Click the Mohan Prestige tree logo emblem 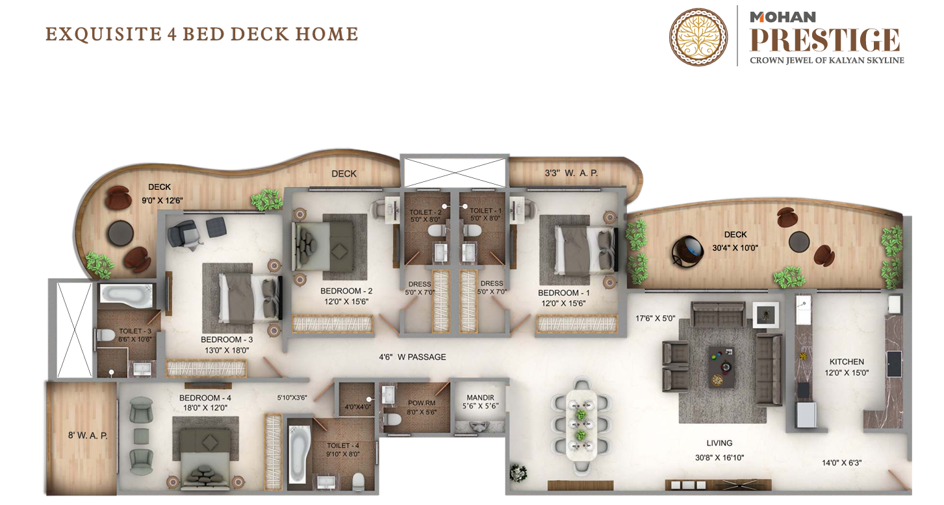[698, 36]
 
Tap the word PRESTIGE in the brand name [824, 40]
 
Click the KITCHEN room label [847, 361]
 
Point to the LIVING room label [719, 443]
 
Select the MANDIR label [480, 398]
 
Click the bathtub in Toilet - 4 [299, 454]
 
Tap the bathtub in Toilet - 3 [127, 294]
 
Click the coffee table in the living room [722, 366]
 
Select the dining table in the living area [581, 424]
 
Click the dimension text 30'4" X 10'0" [735, 248]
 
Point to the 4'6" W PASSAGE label [412, 357]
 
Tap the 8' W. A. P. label [88, 435]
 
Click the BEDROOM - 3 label [227, 339]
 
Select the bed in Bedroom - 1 [585, 250]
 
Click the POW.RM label [422, 403]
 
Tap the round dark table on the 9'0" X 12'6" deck [121, 233]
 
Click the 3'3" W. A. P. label [571, 173]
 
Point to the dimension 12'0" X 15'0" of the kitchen [847, 372]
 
